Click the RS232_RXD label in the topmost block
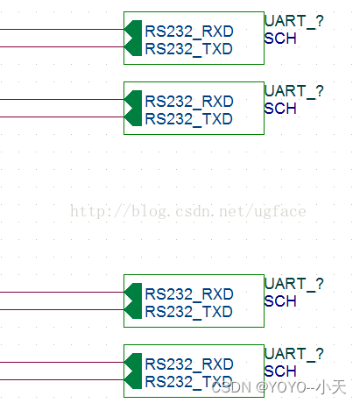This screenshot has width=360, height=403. pyautogui.click(x=189, y=32)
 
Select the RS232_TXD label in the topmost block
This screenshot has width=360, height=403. pyautogui.click(x=189, y=49)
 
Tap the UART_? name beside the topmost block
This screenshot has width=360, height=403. pyautogui.click(x=294, y=22)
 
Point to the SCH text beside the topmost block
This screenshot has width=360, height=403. pyautogui.click(x=280, y=39)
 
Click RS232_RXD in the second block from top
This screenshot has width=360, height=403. pyautogui.click(x=189, y=102)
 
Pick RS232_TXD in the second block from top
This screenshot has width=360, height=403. pyautogui.click(x=189, y=119)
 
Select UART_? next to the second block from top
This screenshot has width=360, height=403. pyautogui.click(x=294, y=92)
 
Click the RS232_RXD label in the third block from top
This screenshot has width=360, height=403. pyautogui.click(x=189, y=294)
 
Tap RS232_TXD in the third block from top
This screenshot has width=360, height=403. pyautogui.click(x=189, y=312)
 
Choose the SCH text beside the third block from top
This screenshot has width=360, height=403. pyautogui.click(x=280, y=301)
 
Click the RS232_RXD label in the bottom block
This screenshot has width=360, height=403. pyautogui.click(x=189, y=364)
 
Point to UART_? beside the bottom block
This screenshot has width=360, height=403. pyautogui.click(x=294, y=355)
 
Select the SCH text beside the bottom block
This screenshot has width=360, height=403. pyautogui.click(x=280, y=371)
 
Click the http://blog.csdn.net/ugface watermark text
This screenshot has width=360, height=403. pyautogui.click(x=188, y=211)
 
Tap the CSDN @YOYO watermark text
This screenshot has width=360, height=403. pyautogui.click(x=279, y=387)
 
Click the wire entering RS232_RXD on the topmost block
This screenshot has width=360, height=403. pyautogui.click(x=62, y=29)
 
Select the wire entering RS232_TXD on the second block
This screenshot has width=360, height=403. pyautogui.click(x=62, y=117)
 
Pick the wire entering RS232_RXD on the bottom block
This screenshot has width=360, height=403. pyautogui.click(x=62, y=362)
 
